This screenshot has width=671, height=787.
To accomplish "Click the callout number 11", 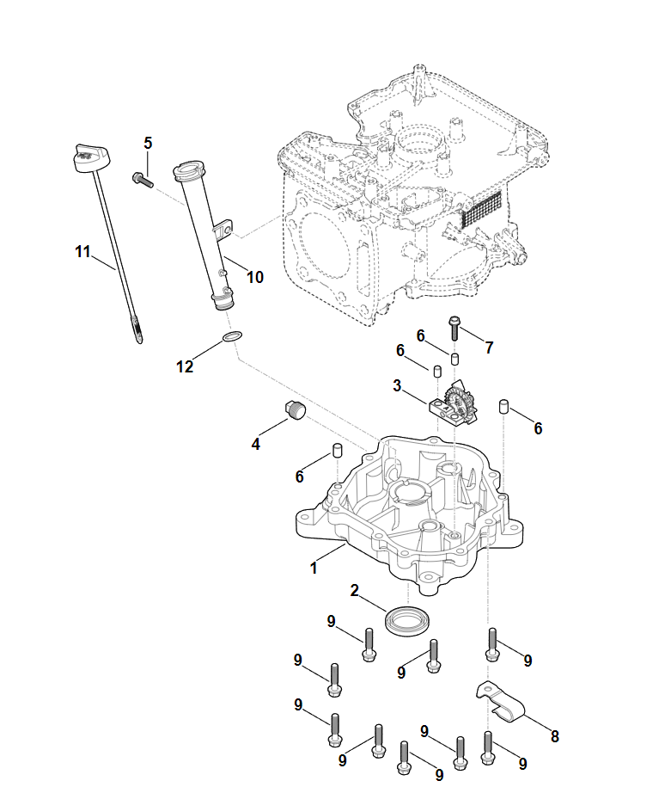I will [x=82, y=251].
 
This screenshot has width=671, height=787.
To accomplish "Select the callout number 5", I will [x=148, y=143].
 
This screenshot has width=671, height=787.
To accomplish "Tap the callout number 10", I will [x=255, y=277].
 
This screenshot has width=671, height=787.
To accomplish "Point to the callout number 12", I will [x=185, y=366].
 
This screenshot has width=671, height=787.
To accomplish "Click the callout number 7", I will [x=489, y=347].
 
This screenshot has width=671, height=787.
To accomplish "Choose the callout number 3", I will [x=397, y=386].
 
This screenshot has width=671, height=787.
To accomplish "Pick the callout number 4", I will [x=255, y=444].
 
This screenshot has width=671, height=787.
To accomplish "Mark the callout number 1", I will [x=314, y=568].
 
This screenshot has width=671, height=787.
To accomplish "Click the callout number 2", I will [x=354, y=590].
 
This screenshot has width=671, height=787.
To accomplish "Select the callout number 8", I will [x=554, y=736].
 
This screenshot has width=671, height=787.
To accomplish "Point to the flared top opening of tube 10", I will [x=188, y=169].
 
